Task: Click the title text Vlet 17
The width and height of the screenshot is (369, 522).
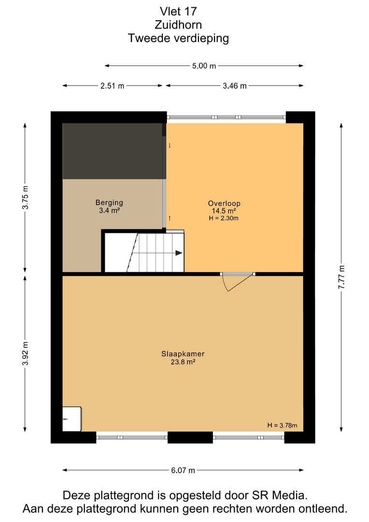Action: click(x=178, y=11)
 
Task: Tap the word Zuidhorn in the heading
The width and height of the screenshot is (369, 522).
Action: click(x=178, y=25)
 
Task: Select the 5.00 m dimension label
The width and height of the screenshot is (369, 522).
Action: click(x=204, y=66)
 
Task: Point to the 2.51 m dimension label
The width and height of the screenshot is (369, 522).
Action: click(x=113, y=86)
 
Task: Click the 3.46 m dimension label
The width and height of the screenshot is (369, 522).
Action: click(x=235, y=86)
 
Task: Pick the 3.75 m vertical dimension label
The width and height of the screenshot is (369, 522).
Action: click(x=25, y=197)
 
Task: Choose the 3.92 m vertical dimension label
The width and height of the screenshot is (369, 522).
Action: click(x=25, y=353)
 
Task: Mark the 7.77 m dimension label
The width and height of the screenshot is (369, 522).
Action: click(x=341, y=277)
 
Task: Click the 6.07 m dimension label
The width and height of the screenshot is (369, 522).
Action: click(x=183, y=470)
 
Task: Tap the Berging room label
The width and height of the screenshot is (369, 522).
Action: click(x=109, y=203)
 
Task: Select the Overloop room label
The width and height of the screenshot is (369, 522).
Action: click(x=224, y=203)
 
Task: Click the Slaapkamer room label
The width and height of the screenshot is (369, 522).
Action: click(x=183, y=354)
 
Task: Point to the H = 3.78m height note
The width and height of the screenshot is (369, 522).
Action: click(x=283, y=425)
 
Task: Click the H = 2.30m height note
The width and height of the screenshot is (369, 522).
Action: click(x=224, y=218)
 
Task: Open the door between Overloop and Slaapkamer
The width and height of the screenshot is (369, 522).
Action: click(x=238, y=282)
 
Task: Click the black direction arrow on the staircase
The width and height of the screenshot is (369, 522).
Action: click(x=179, y=253)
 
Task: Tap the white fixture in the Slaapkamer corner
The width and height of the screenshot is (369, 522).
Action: click(x=72, y=419)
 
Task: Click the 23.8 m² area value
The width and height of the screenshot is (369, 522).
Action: click(x=183, y=362)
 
